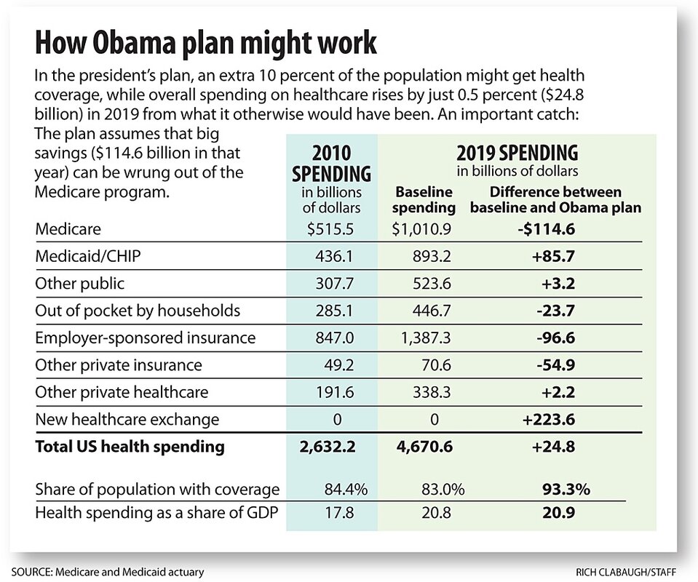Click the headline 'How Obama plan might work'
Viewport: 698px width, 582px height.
tap(206, 42)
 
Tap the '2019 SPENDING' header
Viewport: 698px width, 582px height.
tap(517, 153)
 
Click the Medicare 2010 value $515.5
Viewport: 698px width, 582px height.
tap(332, 230)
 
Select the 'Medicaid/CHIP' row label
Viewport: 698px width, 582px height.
tap(81, 257)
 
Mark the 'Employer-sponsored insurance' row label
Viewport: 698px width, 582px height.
tap(146, 338)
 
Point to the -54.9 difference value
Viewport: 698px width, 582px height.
tap(555, 364)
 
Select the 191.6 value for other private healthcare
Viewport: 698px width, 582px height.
tap(332, 391)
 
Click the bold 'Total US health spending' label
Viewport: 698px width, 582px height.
tap(130, 447)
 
